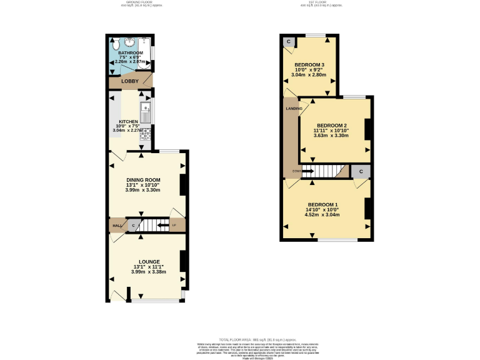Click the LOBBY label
coord(130,81)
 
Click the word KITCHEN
coord(128,122)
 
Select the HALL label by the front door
coord(116,226)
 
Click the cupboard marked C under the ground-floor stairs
coord(133,226)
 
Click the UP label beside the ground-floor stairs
coord(174,225)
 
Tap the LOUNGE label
coord(149,261)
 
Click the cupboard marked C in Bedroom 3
coord(289,42)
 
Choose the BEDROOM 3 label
coord(309,65)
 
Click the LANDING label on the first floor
coord(294,109)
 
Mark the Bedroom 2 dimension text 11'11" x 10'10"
coord(331,130)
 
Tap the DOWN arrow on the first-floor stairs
coord(306,171)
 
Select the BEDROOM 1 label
coord(322,205)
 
